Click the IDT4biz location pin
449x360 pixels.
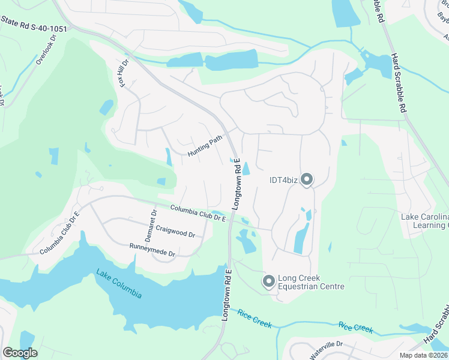(307, 179)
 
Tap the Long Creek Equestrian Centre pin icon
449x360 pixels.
(269, 281)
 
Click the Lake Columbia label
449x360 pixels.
(119, 284)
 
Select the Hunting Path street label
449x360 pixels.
(204, 146)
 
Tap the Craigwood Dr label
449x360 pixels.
(175, 230)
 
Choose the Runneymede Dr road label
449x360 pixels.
(152, 250)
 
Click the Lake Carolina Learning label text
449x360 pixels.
(424, 221)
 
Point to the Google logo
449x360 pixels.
(20, 353)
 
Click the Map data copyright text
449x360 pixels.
(424, 355)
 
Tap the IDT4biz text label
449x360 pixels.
(282, 179)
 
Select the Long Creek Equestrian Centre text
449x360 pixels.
(311, 282)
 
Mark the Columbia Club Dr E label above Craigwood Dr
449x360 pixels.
(197, 213)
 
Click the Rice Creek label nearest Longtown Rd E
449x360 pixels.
(255, 319)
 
